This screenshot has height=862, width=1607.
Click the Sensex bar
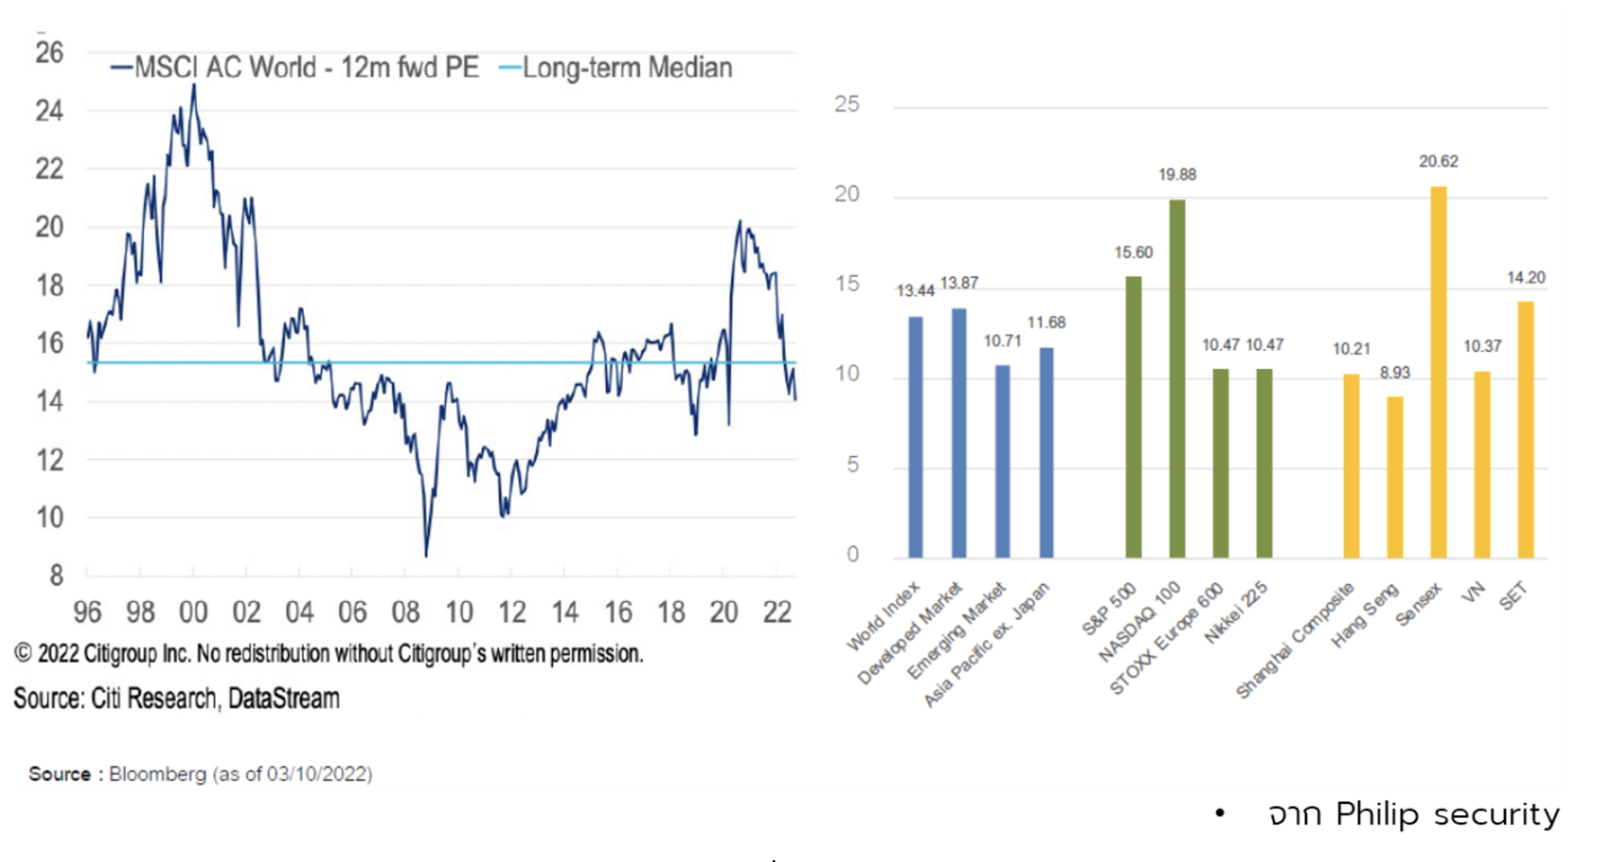coord(1439,372)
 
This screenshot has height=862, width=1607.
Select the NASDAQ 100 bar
coord(1177,379)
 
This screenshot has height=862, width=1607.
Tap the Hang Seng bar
coord(1395,477)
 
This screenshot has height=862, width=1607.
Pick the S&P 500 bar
coord(1133,417)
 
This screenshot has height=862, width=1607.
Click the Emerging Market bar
coord(1003,462)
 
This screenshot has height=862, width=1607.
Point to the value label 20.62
coord(1439,162)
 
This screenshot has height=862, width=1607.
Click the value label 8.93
coord(1395,373)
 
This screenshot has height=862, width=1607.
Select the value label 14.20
coord(1526,278)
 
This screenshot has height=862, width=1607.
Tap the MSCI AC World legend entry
coord(296,68)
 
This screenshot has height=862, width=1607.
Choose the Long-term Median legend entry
coord(617,68)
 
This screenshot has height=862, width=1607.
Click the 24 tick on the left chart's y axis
coord(50,110)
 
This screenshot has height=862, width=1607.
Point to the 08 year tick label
coord(405,612)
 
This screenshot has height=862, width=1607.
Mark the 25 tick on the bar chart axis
coord(847,104)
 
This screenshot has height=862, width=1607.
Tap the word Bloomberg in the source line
coord(157,774)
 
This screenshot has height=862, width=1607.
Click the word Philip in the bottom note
coord(1377,814)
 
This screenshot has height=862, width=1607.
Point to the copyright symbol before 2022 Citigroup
coord(22,654)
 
